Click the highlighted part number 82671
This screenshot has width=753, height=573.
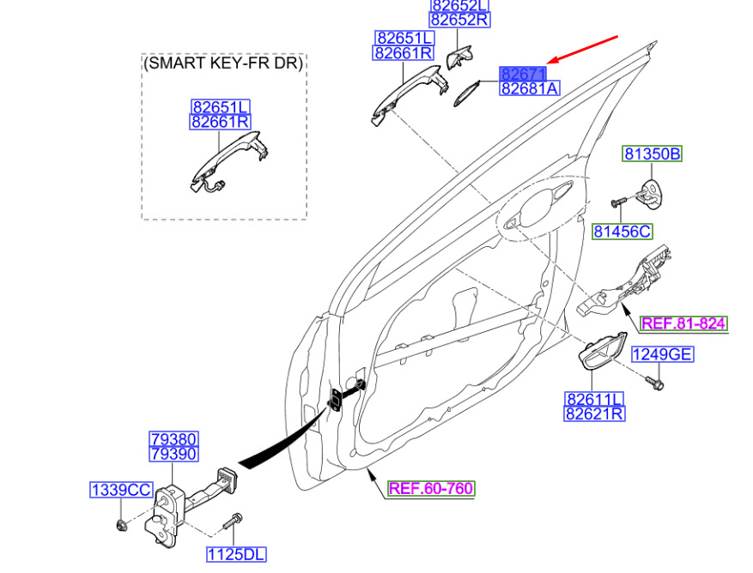point(524,75)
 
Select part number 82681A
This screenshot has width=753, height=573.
point(529,88)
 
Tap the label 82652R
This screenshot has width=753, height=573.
point(459,20)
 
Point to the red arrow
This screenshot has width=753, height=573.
point(585,51)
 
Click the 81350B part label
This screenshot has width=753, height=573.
point(652,154)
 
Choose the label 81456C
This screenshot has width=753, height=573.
point(622,231)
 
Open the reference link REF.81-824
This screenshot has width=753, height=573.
point(684,323)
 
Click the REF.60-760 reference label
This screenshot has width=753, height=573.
point(430,489)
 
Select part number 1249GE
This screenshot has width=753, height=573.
point(662,354)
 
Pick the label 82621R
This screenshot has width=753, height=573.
point(594,414)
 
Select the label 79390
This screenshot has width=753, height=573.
point(174,454)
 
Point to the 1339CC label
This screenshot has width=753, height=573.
point(121,490)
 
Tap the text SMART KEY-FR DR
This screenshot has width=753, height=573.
point(224,63)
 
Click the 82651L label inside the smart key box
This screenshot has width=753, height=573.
point(221,108)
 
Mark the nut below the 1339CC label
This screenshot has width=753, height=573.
point(122,523)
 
